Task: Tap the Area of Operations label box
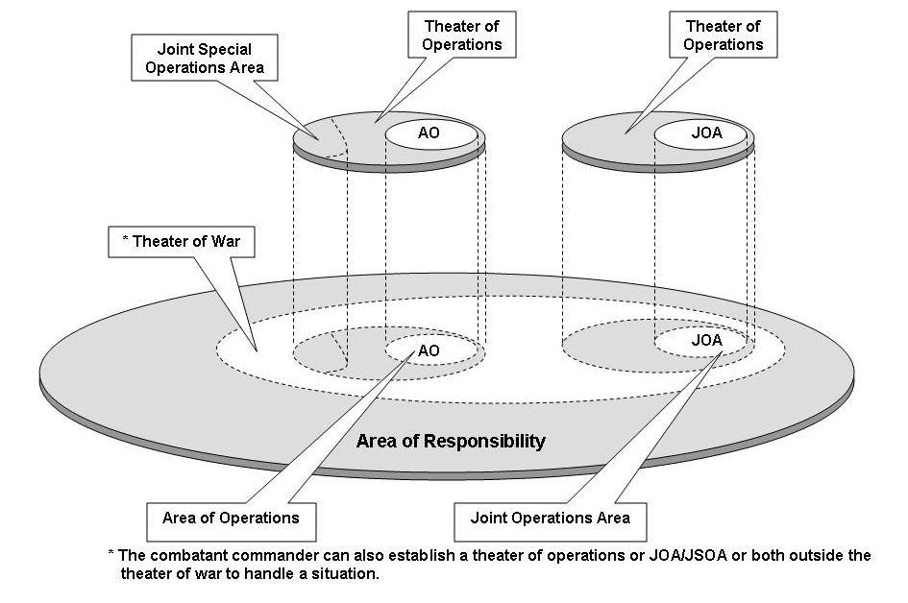coord(231,519)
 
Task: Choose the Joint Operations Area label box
coord(551,519)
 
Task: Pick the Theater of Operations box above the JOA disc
coord(724,35)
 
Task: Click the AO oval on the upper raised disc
coord(430,133)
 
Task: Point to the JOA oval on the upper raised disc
coord(701,133)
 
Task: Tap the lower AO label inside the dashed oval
coord(429,351)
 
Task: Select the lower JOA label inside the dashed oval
coord(704,340)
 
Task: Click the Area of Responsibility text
coord(451,442)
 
